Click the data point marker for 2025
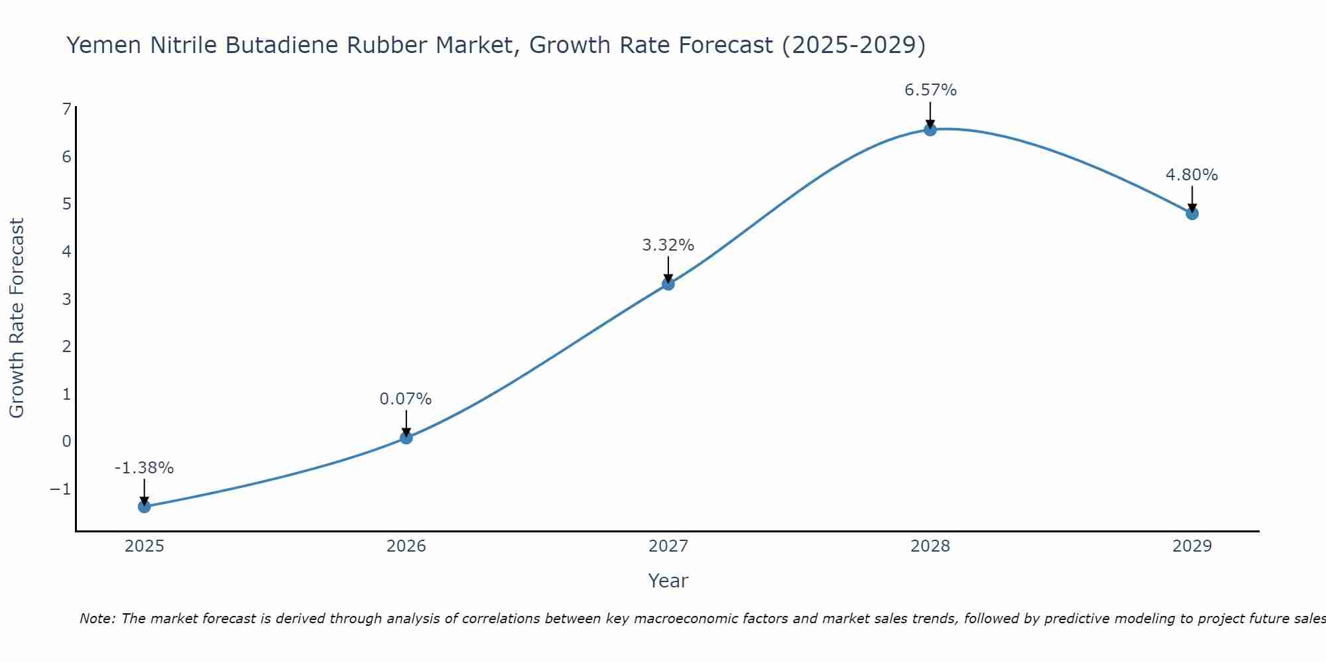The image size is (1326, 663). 145,507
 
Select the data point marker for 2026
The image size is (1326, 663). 406,438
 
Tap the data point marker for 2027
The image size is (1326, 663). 668,284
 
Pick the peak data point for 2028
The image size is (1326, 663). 930,130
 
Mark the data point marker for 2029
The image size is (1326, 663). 1192,213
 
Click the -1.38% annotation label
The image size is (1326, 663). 144,468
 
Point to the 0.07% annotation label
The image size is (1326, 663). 406,399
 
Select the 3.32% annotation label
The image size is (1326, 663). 668,245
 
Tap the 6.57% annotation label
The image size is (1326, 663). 930,90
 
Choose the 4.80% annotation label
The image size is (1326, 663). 1191,175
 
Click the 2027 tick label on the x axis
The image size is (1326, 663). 668,546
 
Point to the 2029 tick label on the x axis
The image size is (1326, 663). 1192,546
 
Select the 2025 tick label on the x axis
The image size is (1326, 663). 145,546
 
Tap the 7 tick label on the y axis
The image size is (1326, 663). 66,109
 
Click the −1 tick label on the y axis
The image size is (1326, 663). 60,489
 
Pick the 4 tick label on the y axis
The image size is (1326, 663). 66,251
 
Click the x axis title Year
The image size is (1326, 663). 668,581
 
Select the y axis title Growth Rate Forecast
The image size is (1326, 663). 17,318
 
